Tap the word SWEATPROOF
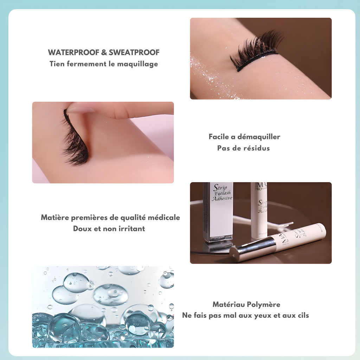coord(134,53)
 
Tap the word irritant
coord(131,229)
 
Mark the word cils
coord(302,316)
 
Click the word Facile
coord(219,137)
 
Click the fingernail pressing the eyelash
coord(81,109)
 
